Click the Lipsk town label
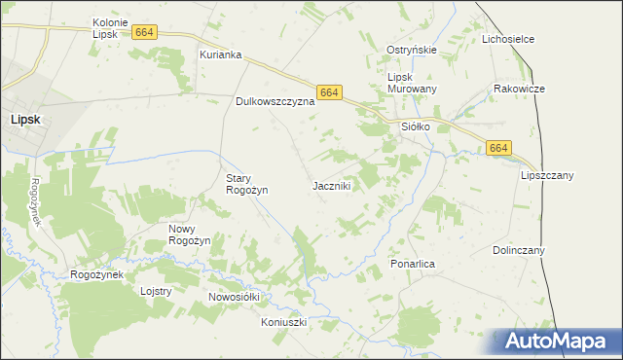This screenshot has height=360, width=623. click(25, 119)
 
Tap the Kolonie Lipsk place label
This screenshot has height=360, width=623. click(112, 28)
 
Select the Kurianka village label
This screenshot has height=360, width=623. click(220, 54)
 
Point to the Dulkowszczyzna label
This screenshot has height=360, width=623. click(275, 100)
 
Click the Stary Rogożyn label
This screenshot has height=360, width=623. click(246, 184)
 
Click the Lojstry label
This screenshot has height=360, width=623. click(156, 291)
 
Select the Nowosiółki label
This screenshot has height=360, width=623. click(236, 297)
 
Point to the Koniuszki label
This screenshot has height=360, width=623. click(284, 322)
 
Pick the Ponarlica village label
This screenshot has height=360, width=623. click(412, 264)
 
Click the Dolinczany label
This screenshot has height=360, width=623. click(519, 250)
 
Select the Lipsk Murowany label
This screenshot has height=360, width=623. click(413, 83)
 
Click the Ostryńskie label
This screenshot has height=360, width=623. click(412, 50)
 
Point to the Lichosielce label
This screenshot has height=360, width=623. click(510, 40)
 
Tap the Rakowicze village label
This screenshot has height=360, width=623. click(519, 89)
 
